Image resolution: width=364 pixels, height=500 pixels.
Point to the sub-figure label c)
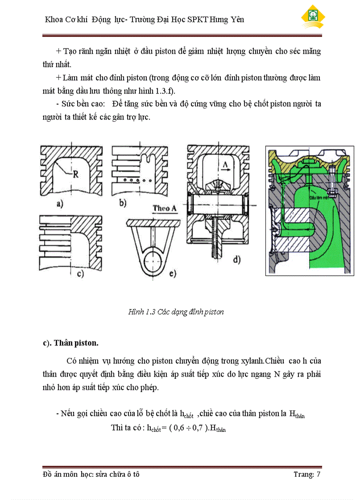(80, 274)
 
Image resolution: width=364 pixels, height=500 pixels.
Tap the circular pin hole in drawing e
(153, 257)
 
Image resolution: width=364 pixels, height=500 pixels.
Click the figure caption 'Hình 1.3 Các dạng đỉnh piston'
(176, 312)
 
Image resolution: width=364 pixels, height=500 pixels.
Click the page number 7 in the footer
(318, 474)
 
